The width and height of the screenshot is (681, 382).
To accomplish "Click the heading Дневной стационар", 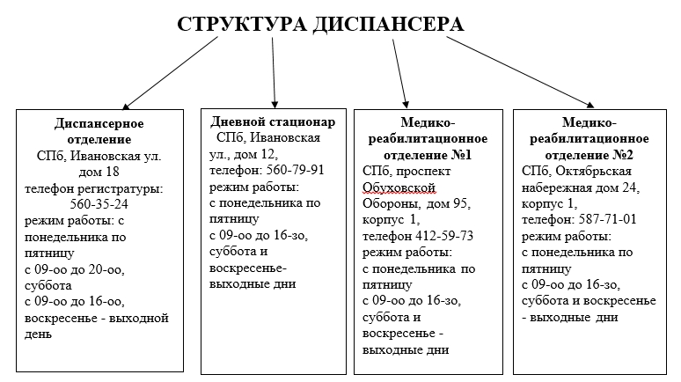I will click(273, 121).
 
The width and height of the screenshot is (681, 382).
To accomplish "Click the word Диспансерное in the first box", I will click(99, 123).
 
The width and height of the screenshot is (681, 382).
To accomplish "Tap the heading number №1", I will click(460, 155).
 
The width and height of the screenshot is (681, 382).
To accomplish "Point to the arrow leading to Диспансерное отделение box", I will click(168, 74).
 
